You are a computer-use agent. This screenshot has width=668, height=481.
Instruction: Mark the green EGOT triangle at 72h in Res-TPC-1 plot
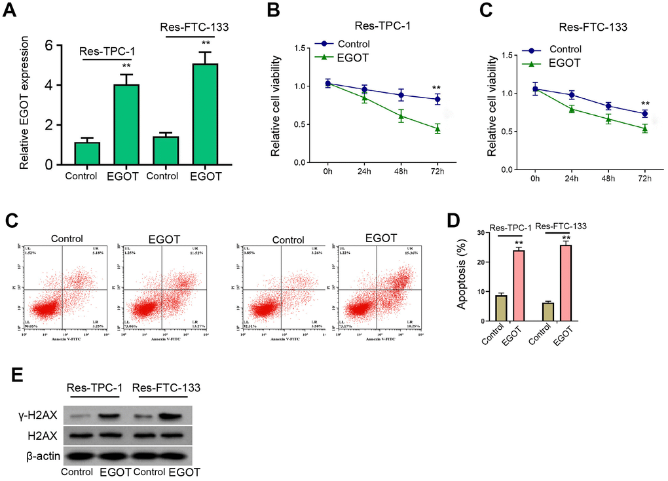(x=437, y=129)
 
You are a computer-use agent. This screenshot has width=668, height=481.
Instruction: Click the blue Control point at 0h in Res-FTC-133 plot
(x=535, y=88)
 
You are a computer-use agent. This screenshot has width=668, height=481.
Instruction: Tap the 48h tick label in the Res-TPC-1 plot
(x=400, y=171)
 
